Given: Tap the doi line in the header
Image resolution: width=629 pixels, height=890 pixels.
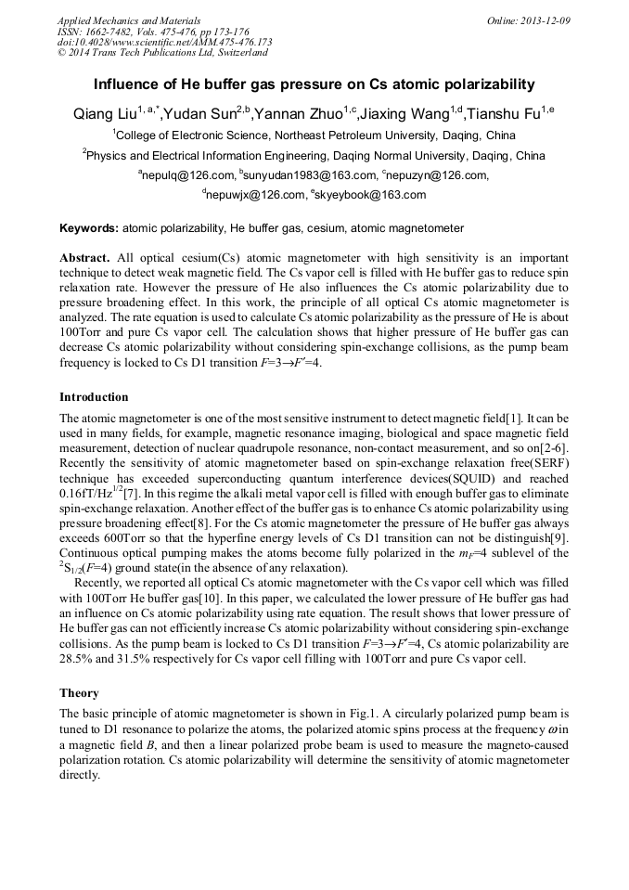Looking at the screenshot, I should (x=164, y=41).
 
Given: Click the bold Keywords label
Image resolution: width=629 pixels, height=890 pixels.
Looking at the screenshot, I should (x=88, y=227).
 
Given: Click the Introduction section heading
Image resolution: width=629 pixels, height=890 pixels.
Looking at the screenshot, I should (x=94, y=397).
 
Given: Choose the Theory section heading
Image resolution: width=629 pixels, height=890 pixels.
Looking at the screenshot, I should (x=79, y=693).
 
